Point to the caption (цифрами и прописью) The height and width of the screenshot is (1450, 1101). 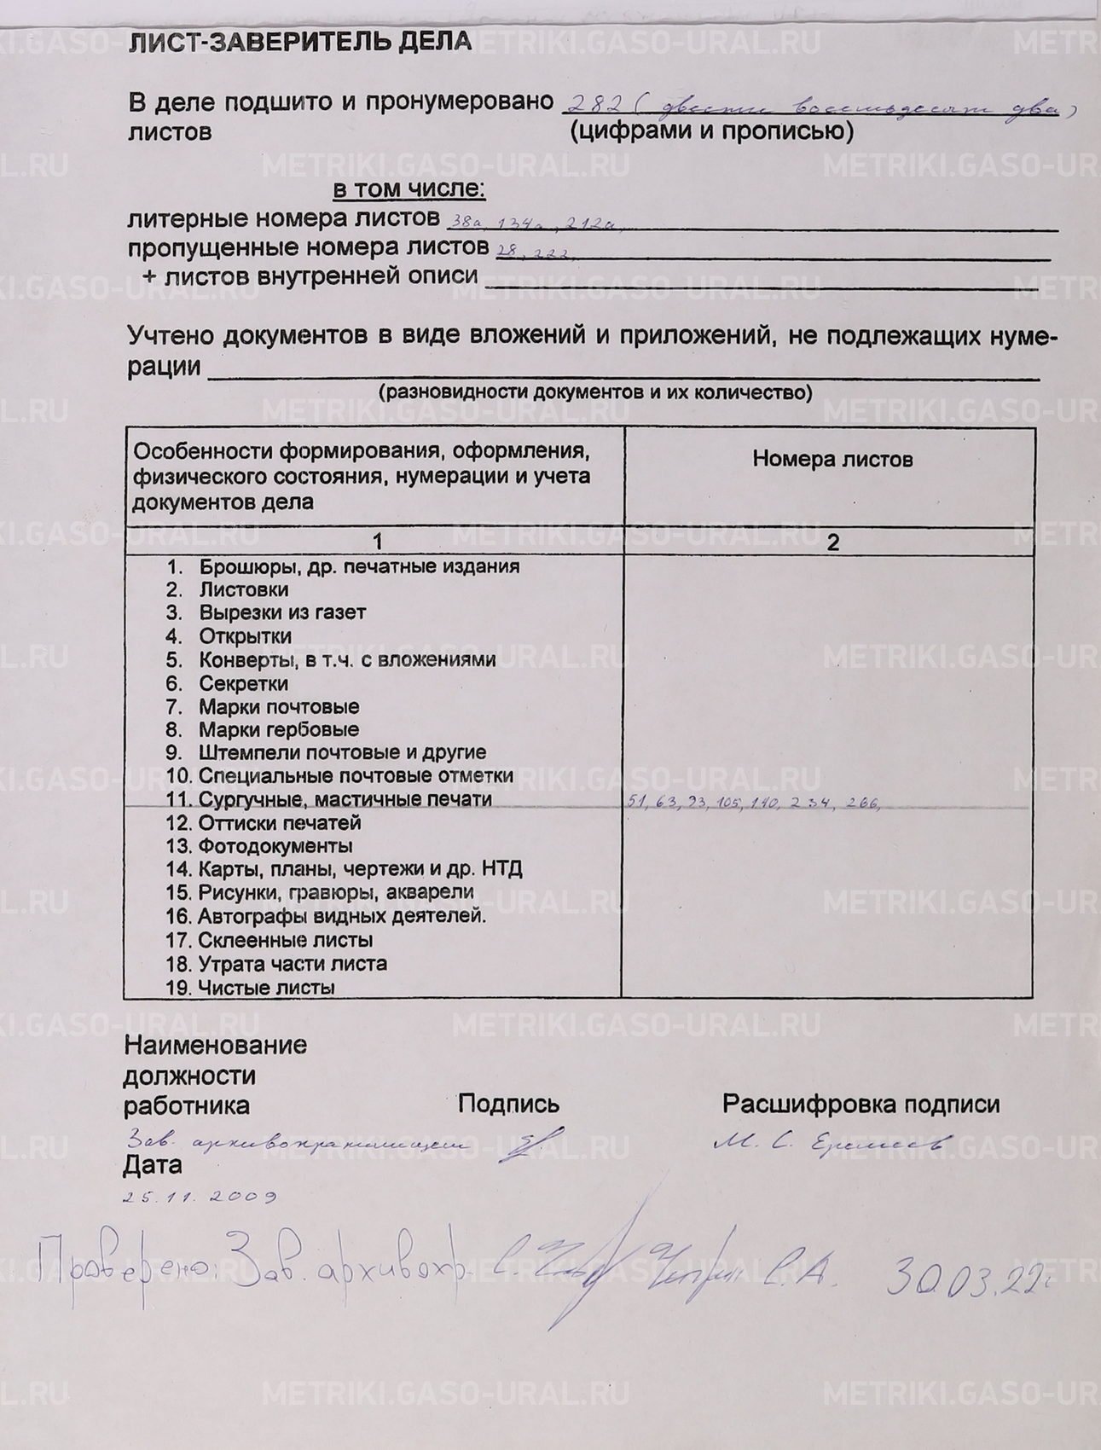710,130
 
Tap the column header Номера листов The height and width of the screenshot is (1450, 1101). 832,460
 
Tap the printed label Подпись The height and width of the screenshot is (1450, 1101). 508,1104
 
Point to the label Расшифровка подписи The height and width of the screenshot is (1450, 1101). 861,1104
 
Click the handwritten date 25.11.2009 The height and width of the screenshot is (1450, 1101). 200,1196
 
